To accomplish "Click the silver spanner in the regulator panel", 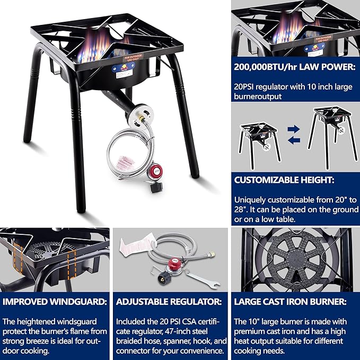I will (197, 277).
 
